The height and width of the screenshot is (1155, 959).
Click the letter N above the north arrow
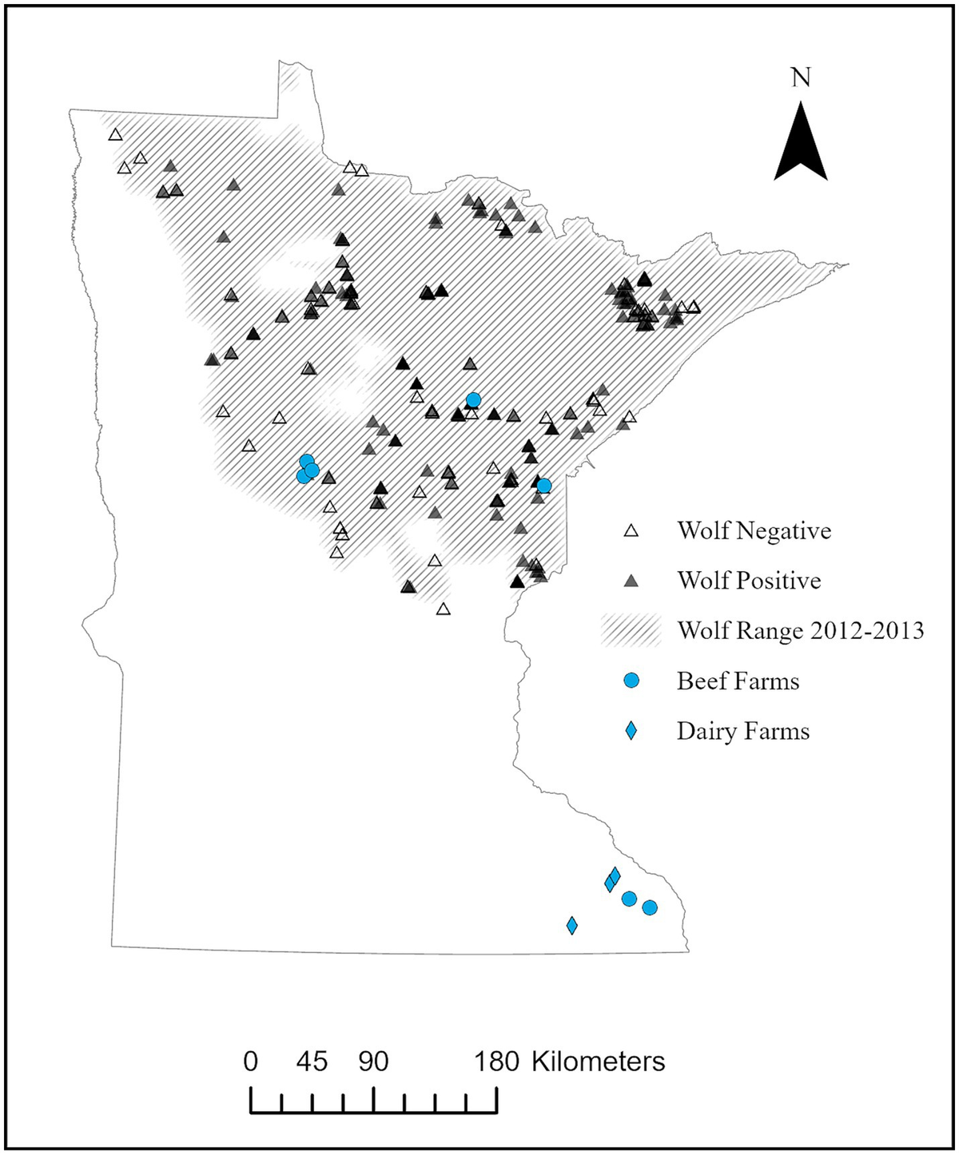801,77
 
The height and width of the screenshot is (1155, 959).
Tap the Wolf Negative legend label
754,530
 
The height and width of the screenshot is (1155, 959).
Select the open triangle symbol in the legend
631,531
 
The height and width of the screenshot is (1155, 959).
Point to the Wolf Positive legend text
749,580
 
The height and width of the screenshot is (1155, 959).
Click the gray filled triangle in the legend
631,581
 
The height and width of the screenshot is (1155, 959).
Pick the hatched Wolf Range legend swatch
631,630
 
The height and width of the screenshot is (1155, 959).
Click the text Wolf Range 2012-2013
800,630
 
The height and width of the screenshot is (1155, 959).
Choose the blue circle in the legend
631,681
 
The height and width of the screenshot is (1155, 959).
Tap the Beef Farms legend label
738,681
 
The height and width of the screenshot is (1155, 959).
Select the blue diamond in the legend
631,731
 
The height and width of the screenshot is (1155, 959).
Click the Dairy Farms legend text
742,731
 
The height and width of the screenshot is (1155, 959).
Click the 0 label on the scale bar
251,1062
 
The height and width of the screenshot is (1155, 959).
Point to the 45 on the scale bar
312,1062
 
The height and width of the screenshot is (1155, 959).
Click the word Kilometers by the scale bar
598,1062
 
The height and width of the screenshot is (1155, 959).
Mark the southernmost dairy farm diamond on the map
572,925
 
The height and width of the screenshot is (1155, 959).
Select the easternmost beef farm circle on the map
650,907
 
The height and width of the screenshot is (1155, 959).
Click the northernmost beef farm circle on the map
473,399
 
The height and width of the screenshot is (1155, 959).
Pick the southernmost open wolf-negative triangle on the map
444,609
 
